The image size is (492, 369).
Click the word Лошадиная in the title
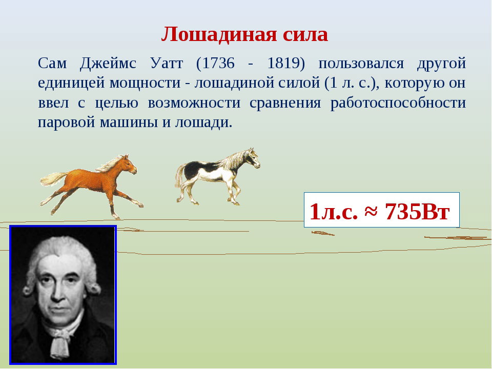click(x=219, y=34)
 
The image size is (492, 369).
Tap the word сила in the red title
click(x=305, y=34)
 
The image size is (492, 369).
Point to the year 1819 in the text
click(x=283, y=63)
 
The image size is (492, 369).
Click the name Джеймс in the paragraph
click(x=108, y=64)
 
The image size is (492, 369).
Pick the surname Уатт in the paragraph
click(x=167, y=63)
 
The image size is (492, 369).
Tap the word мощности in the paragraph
click(x=145, y=84)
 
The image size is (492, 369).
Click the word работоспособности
click(x=398, y=103)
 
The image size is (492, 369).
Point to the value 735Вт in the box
click(x=418, y=212)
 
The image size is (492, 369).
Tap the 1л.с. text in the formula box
click(x=334, y=212)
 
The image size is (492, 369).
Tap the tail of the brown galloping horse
click(x=53, y=178)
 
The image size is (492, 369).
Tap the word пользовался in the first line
click(x=361, y=64)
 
